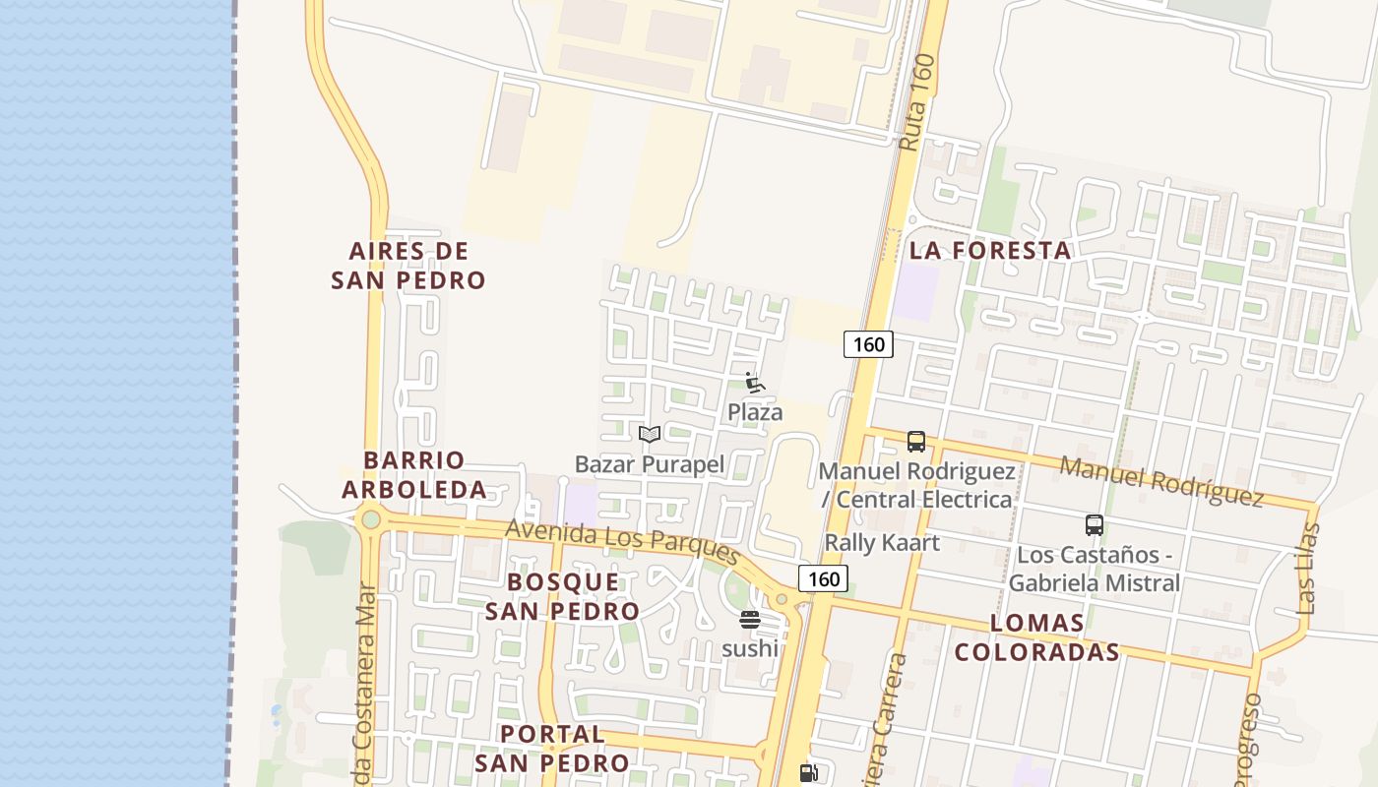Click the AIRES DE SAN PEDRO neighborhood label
coord(407,266)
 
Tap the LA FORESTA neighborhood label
coord(990,250)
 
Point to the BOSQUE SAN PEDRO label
coord(563,596)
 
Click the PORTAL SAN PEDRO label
coord(551,749)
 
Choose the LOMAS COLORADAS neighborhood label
coord(1037,637)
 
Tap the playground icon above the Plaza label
coord(755,383)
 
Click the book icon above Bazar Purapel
coord(649,434)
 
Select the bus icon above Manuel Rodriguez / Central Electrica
coord(916,441)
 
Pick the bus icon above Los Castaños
coord(1094,525)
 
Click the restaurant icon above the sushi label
coord(750,620)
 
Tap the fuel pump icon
coord(808,773)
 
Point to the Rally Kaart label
coord(882,542)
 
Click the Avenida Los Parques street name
coord(622,542)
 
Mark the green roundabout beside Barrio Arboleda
coord(370,518)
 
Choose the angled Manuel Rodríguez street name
coord(1161,481)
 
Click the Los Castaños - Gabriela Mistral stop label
coord(1094,569)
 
